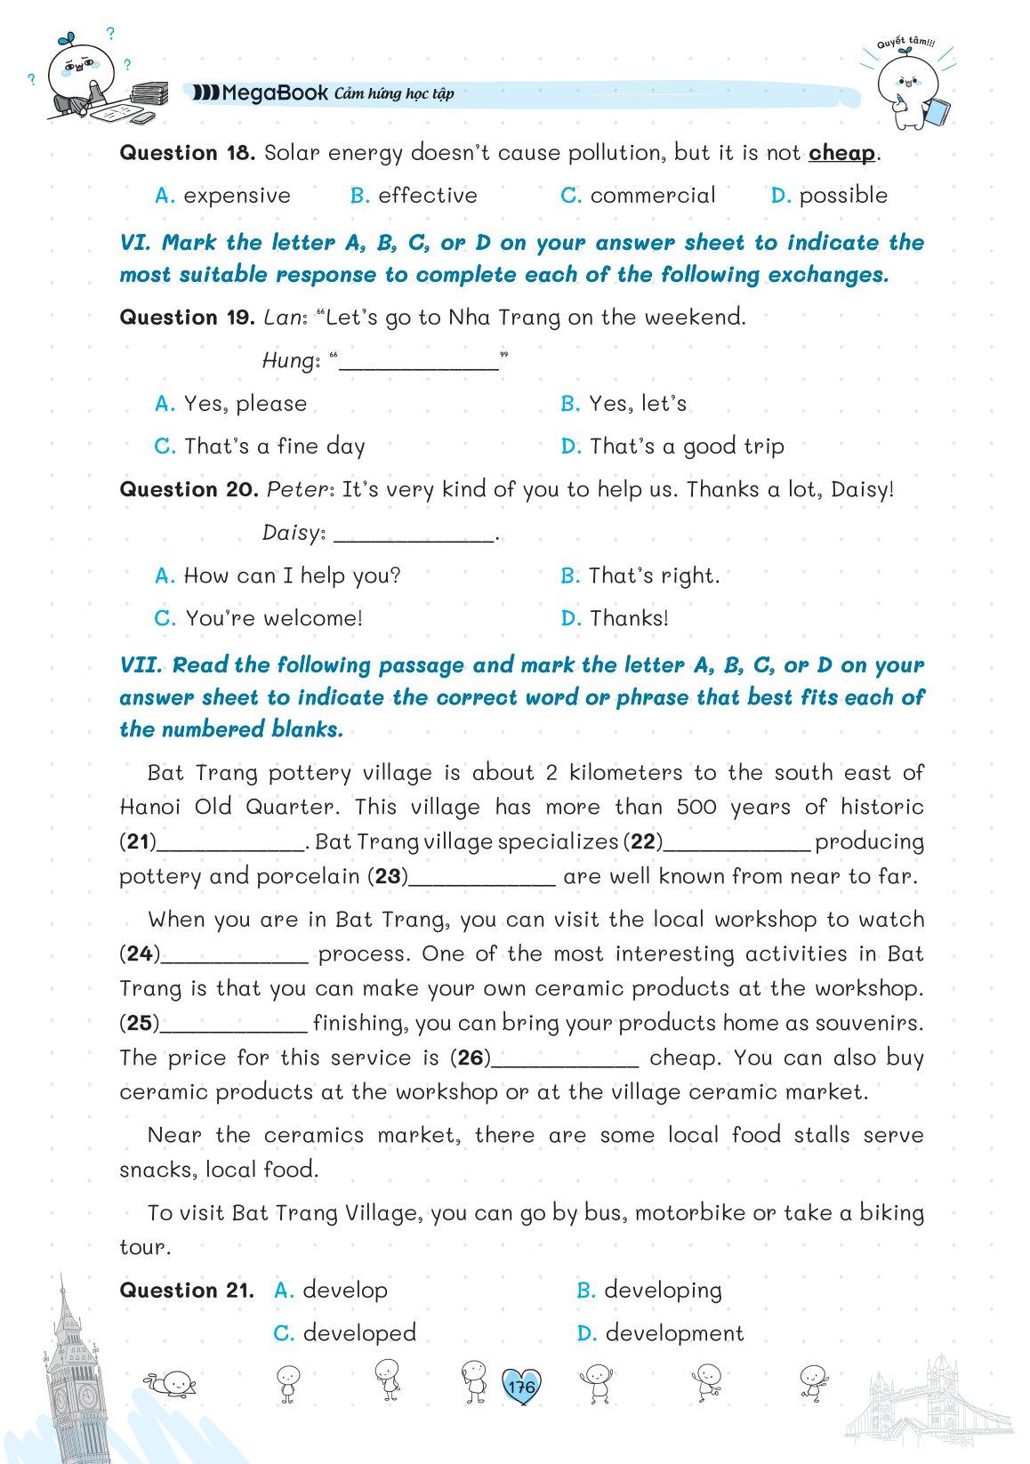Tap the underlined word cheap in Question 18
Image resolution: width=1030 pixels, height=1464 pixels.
coord(841,153)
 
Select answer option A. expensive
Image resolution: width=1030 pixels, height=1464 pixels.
coord(222,196)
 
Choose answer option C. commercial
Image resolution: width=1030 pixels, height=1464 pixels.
coord(638,196)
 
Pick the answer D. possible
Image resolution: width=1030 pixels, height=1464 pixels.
coord(829,196)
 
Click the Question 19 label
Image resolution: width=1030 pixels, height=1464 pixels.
coord(188,318)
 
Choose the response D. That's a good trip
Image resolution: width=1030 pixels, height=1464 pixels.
coord(672,446)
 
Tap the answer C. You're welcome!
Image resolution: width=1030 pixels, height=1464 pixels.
coord(259,618)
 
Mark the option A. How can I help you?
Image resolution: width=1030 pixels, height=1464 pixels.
coord(278,575)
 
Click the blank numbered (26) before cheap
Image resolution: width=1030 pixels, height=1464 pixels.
coord(565,1058)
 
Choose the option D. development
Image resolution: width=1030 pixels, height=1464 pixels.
coord(660,1333)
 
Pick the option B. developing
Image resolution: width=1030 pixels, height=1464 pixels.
coord(649,1291)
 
